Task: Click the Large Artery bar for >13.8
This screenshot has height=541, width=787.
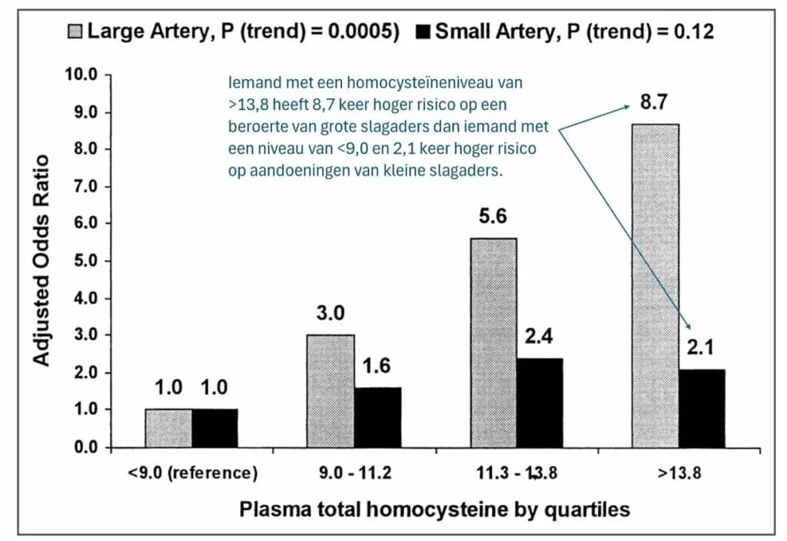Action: tap(655, 285)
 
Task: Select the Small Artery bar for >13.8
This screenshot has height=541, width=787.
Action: tap(702, 408)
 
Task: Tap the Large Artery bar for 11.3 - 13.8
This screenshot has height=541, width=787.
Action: tap(493, 343)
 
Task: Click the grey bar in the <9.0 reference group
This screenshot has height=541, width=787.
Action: tap(168, 428)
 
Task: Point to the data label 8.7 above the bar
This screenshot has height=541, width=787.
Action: tap(653, 103)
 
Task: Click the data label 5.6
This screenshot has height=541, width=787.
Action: tap(493, 218)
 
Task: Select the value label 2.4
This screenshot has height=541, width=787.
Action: tap(540, 337)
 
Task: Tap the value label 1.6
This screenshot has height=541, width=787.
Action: tap(377, 367)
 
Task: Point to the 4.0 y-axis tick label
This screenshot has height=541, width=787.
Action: tap(86, 298)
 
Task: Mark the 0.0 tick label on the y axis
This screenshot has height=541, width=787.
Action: tap(86, 447)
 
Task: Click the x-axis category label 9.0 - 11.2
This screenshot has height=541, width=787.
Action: tap(354, 473)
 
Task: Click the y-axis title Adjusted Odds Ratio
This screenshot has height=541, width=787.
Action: tap(42, 261)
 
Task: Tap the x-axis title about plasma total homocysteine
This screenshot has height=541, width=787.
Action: tap(434, 509)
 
